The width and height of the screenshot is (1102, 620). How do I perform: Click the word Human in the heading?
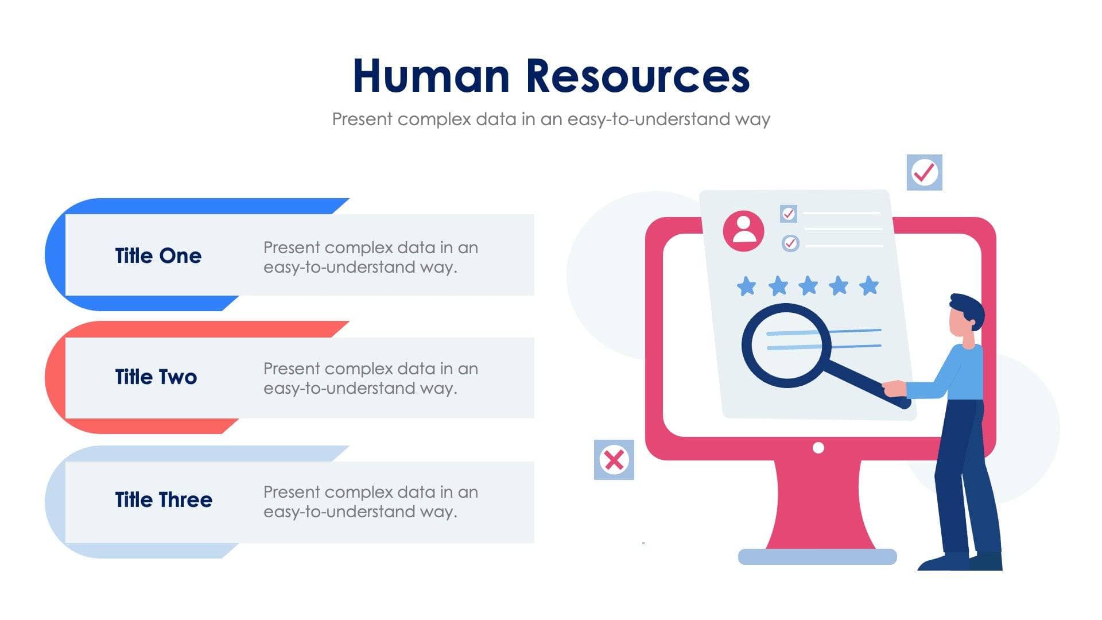point(431,76)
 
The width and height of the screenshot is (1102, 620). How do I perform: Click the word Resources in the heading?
point(638,76)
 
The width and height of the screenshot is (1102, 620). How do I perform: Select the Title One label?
point(158,255)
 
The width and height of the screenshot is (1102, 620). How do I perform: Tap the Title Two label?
point(156,377)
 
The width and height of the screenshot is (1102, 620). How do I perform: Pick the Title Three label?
point(164,499)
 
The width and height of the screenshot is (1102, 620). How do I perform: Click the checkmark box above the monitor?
point(924,172)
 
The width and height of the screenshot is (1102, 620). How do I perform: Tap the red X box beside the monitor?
point(614,460)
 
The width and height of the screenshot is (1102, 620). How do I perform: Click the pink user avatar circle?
point(743,231)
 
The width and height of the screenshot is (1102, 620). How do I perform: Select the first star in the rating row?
point(746,286)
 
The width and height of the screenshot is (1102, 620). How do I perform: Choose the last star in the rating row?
point(869,285)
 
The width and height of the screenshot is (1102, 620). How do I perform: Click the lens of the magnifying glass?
point(786,345)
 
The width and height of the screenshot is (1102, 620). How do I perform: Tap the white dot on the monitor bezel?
point(818,448)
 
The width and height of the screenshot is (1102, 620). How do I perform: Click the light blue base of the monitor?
point(817,556)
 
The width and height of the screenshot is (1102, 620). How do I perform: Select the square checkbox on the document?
point(789,214)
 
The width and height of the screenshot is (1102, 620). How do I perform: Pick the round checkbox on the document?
point(790,243)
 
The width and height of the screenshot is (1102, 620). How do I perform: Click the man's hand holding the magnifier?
point(894,389)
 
